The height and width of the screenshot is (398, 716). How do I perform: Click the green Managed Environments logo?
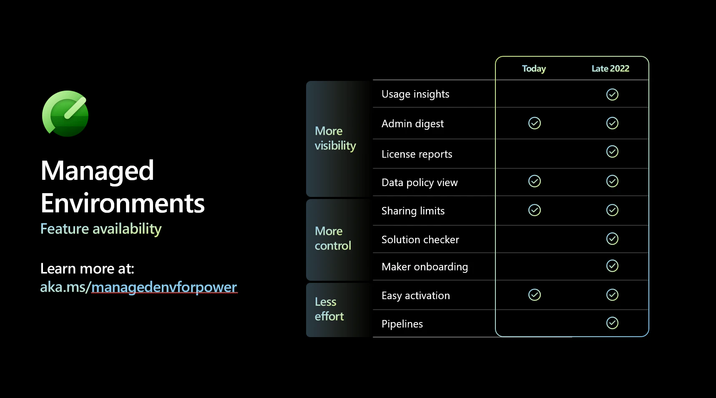(65, 113)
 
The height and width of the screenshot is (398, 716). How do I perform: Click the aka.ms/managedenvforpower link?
(138, 287)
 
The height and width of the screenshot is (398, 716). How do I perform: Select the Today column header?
(534, 69)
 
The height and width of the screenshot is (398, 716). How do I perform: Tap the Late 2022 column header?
(610, 69)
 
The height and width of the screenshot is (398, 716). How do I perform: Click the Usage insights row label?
(415, 94)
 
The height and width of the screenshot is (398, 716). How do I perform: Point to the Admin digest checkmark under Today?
(535, 123)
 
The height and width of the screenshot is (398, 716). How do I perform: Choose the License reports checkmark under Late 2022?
(612, 151)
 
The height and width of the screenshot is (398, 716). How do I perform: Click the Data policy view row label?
(420, 183)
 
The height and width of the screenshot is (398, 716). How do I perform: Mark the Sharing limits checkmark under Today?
(535, 210)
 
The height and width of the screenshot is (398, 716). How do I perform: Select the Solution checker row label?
(420, 239)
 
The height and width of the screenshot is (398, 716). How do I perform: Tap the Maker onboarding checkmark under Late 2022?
(612, 266)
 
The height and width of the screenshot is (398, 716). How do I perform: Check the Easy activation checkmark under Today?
(535, 295)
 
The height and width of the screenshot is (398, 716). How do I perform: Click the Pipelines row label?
(402, 324)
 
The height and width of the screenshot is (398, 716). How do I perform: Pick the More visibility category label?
(335, 139)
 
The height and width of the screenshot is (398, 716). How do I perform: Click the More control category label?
(333, 238)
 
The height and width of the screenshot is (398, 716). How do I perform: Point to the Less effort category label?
(329, 309)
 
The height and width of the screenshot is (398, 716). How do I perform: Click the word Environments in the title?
(123, 203)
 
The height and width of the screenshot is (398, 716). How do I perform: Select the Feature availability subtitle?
(101, 229)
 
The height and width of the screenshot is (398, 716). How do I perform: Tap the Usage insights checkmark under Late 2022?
(612, 94)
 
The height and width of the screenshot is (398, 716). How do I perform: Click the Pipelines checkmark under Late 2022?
(612, 323)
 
